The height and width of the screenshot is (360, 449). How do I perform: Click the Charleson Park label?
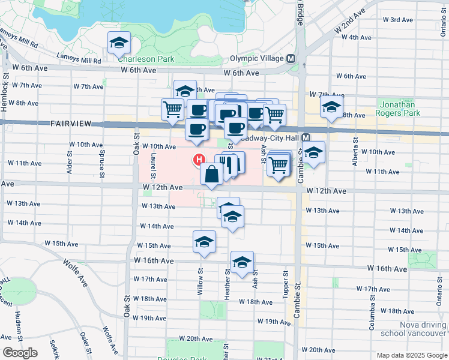(146, 59)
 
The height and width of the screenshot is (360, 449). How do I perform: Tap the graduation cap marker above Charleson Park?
(119, 43)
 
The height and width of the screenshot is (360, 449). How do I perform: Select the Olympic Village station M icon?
(291, 59)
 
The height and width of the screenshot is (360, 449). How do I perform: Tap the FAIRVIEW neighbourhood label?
(71, 124)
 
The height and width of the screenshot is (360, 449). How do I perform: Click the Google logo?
(20, 353)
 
